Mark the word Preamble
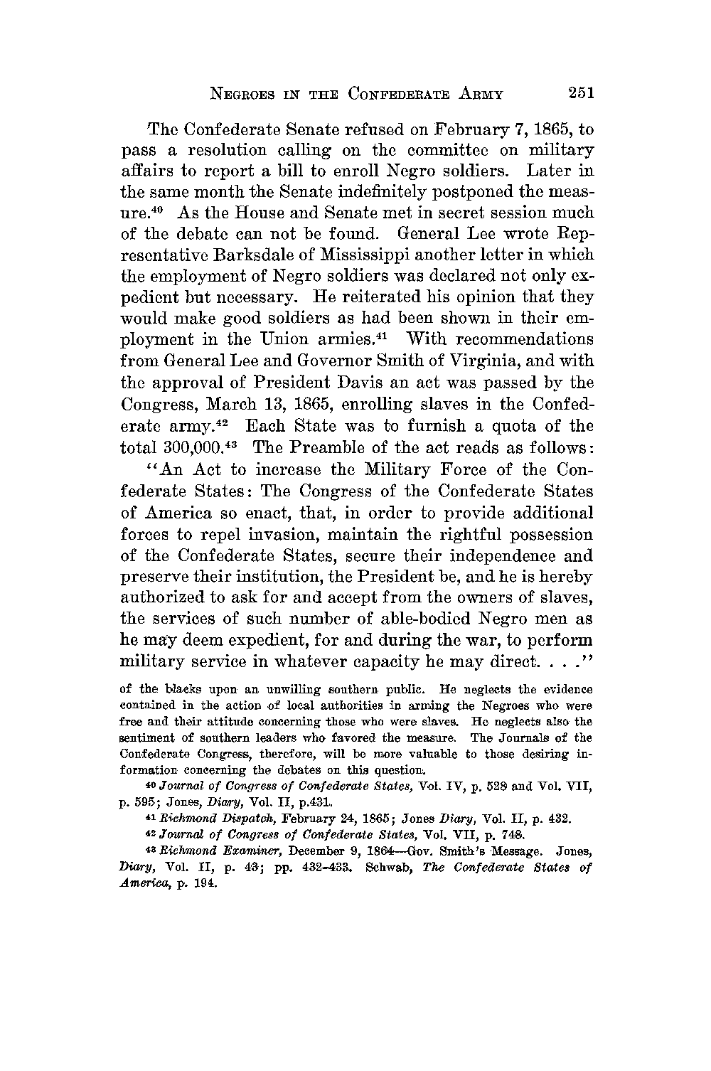click(x=320, y=448)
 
